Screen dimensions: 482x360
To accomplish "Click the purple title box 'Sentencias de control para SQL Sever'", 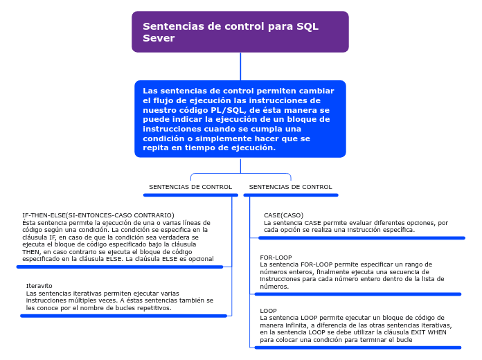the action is (x=240, y=32).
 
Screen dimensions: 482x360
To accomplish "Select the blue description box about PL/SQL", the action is (x=240, y=119).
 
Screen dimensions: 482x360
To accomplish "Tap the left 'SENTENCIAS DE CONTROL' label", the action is (x=190, y=187).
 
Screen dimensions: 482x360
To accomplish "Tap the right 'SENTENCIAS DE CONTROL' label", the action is (x=290, y=187).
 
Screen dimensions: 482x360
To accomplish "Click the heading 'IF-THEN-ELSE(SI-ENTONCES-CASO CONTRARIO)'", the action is (x=98, y=215).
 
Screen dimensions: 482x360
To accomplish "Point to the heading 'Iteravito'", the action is (x=39, y=286).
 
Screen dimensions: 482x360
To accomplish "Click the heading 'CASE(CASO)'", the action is (x=283, y=215).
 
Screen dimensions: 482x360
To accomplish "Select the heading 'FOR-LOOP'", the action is (x=276, y=258).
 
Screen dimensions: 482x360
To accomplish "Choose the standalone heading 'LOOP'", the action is (x=268, y=311).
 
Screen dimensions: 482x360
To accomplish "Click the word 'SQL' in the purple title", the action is (x=307, y=26).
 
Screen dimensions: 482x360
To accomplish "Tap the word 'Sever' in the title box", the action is (x=159, y=38).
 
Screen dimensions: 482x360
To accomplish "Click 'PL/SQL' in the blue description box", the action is (x=231, y=110).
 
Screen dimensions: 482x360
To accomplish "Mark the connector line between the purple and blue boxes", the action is (x=240, y=66).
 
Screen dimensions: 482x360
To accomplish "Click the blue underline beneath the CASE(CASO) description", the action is (x=361, y=237).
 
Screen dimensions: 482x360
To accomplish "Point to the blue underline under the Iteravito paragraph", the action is (x=124, y=316).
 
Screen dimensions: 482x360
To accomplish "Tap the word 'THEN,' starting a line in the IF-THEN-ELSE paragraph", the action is (x=33, y=252).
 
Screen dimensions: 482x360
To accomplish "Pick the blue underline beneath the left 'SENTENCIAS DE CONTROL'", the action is (x=190, y=195).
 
